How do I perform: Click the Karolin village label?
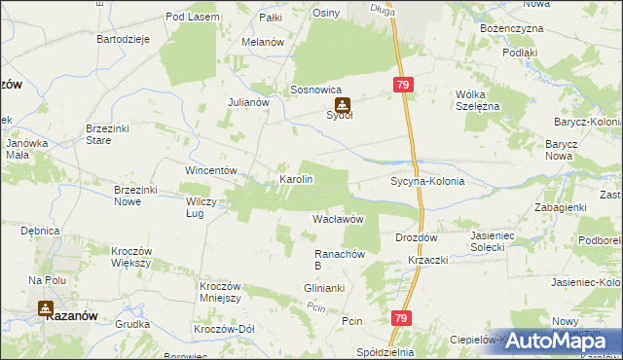296,180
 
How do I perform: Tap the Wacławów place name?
338,220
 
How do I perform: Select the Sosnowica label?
314,90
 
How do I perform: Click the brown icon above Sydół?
341,103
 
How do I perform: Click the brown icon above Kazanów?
45,308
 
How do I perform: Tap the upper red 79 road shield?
404,86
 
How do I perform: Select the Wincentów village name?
212,170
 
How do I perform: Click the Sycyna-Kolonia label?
426,182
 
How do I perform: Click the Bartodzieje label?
122,39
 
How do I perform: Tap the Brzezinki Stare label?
112,134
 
